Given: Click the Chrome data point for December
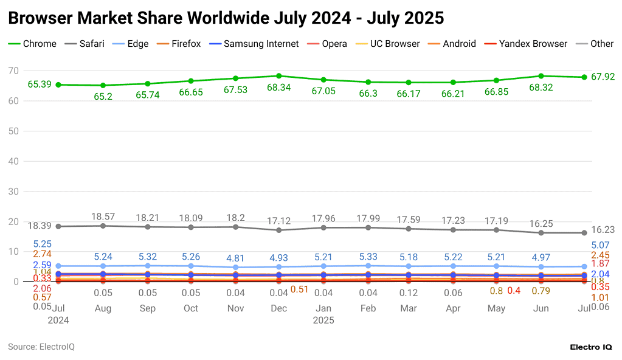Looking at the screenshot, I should [279, 76].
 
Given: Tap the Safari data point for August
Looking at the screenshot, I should [103, 226].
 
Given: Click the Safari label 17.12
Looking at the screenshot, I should [279, 220].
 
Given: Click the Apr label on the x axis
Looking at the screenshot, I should [452, 308].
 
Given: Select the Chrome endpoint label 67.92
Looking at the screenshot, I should [603, 77].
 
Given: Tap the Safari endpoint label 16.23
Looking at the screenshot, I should [603, 230].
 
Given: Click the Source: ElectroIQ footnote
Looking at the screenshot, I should [41, 347].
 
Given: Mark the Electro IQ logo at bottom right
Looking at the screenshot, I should [590, 347].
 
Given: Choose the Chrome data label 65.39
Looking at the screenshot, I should [40, 84].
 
